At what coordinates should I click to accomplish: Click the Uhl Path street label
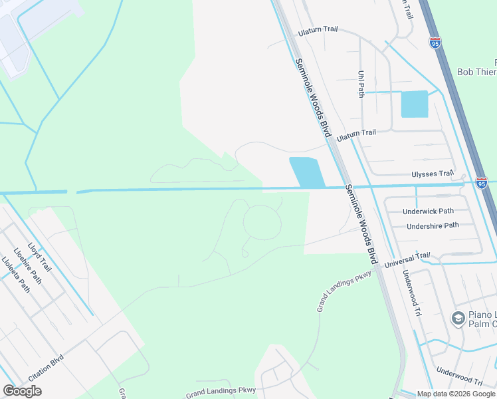coord(361,85)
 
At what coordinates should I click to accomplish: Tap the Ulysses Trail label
coord(433,174)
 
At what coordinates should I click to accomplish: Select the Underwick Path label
coord(428,211)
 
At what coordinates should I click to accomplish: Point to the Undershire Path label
coord(433,225)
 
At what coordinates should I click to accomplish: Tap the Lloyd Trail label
coord(40,257)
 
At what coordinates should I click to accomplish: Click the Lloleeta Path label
coord(15,275)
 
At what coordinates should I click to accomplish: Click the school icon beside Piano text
coord(458,319)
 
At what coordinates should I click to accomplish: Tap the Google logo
coord(22,391)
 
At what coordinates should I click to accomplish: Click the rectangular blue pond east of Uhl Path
coord(415,104)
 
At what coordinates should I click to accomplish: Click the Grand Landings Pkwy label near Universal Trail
coord(344,291)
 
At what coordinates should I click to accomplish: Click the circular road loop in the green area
coord(261,222)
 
